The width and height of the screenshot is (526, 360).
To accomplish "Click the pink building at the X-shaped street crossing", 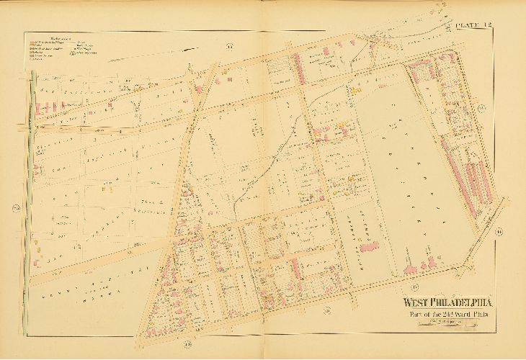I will [x=197, y=89].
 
